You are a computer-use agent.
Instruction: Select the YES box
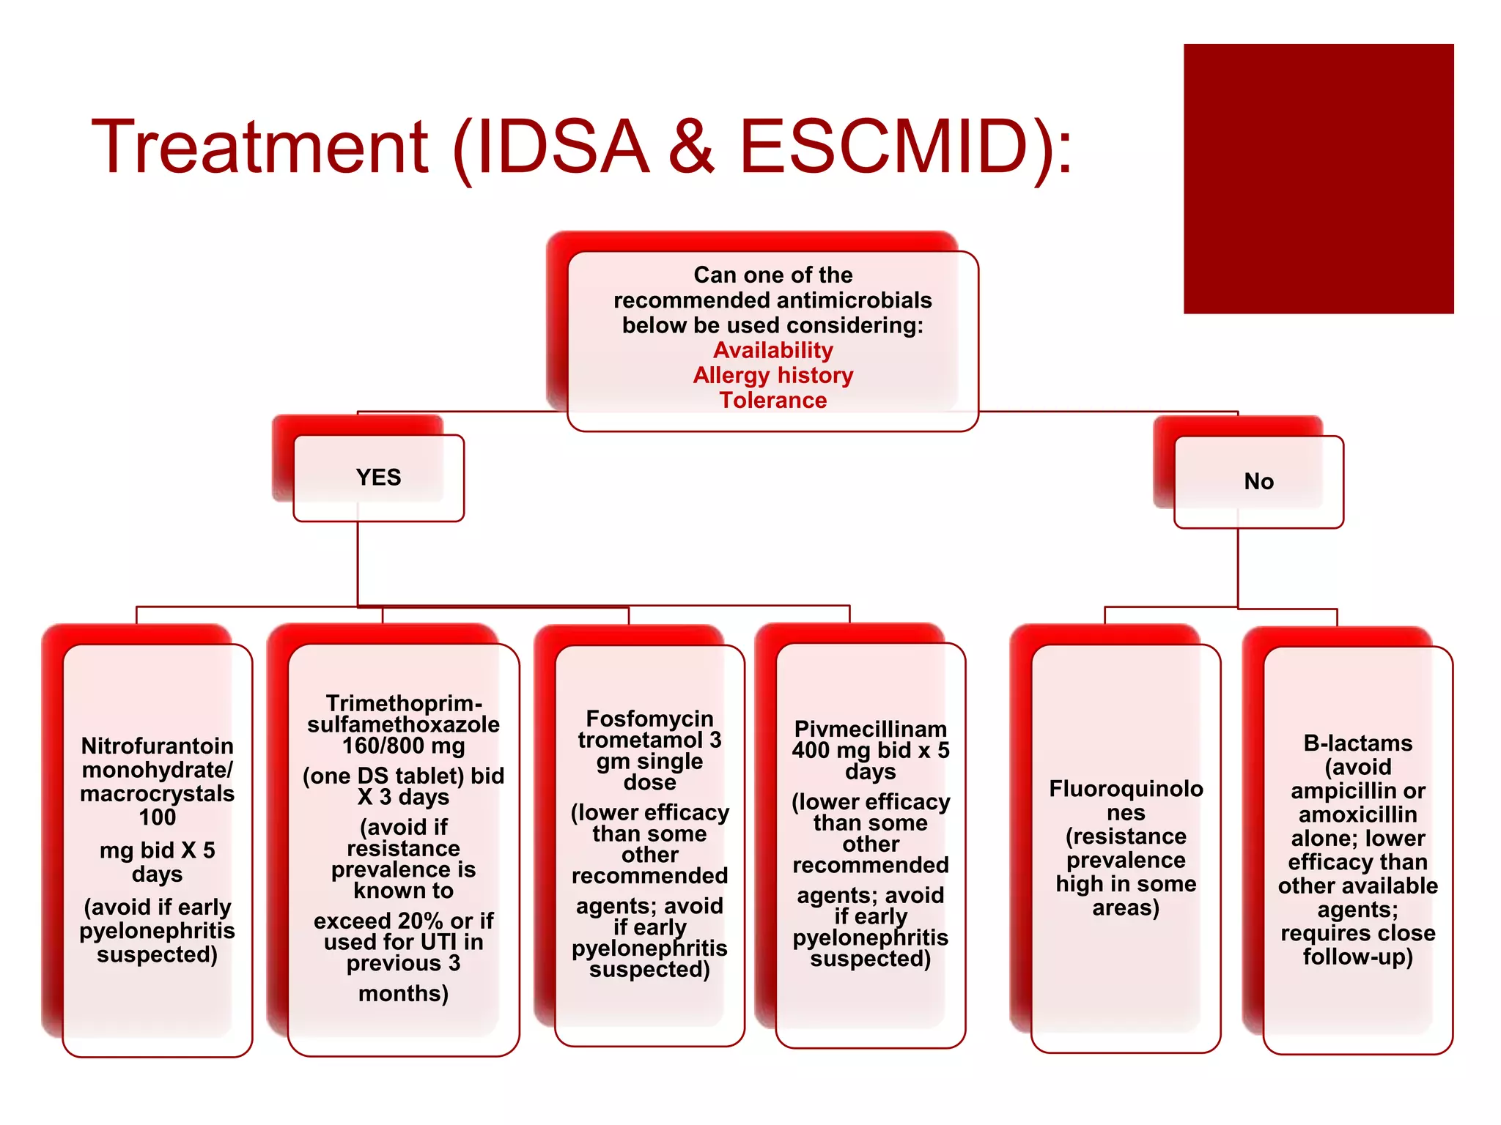tap(378, 478)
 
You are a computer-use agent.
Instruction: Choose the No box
tap(1258, 481)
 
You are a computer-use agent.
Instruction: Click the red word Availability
tap(773, 350)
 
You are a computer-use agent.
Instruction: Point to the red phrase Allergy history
tap(773, 375)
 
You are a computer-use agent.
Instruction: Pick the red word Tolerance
tap(773, 400)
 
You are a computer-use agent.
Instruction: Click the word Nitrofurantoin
tap(158, 746)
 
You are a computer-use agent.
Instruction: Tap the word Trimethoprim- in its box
tap(404, 703)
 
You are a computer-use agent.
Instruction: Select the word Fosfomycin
tap(649, 719)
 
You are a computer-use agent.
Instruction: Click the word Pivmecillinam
tap(871, 729)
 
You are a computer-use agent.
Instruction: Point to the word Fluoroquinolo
tap(1126, 789)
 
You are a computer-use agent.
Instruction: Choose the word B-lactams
tap(1357, 743)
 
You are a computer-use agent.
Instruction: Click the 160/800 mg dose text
tap(404, 746)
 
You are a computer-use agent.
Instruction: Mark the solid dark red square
tap(1319, 179)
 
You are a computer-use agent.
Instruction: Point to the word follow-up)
tap(1357, 957)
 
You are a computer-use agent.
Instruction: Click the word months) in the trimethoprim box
tap(404, 993)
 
